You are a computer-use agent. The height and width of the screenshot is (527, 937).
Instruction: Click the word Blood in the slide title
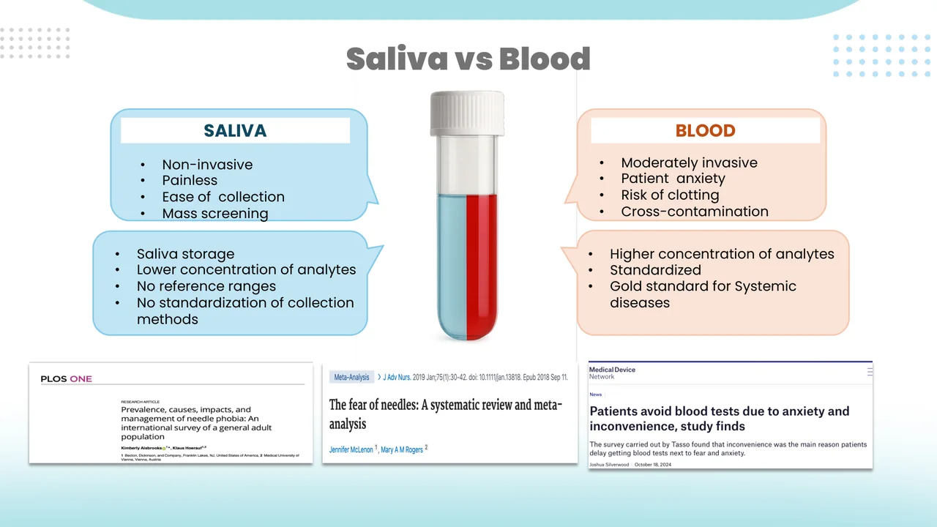click(x=545, y=59)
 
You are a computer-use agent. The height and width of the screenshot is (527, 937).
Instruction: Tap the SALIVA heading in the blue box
click(x=235, y=131)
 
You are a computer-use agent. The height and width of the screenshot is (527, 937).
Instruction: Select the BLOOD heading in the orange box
click(x=705, y=131)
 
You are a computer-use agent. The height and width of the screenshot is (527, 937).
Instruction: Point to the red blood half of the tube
click(x=482, y=263)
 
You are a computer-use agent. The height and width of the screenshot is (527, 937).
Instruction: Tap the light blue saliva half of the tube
click(x=452, y=263)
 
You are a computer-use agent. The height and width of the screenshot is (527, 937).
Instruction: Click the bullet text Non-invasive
click(x=207, y=165)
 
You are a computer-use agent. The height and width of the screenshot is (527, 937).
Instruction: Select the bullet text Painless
click(x=190, y=181)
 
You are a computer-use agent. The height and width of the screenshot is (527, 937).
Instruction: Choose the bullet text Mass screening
click(x=214, y=214)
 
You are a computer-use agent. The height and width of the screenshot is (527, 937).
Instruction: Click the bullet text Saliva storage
click(x=185, y=254)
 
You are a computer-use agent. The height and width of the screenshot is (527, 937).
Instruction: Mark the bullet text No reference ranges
click(x=206, y=286)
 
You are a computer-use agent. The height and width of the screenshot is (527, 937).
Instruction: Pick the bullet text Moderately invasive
click(x=689, y=163)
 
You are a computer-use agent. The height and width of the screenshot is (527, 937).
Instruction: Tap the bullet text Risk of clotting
click(x=670, y=195)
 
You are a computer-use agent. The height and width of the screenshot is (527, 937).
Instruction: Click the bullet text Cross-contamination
click(x=694, y=212)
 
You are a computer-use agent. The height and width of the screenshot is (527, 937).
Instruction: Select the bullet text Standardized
click(x=655, y=270)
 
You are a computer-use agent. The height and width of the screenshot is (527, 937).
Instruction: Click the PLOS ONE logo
click(x=66, y=379)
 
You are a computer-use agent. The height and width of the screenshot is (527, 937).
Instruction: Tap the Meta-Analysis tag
click(x=351, y=377)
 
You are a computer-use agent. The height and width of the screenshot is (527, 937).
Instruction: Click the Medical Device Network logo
click(x=612, y=373)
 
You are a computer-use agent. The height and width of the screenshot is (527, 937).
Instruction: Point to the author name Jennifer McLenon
click(x=351, y=449)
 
